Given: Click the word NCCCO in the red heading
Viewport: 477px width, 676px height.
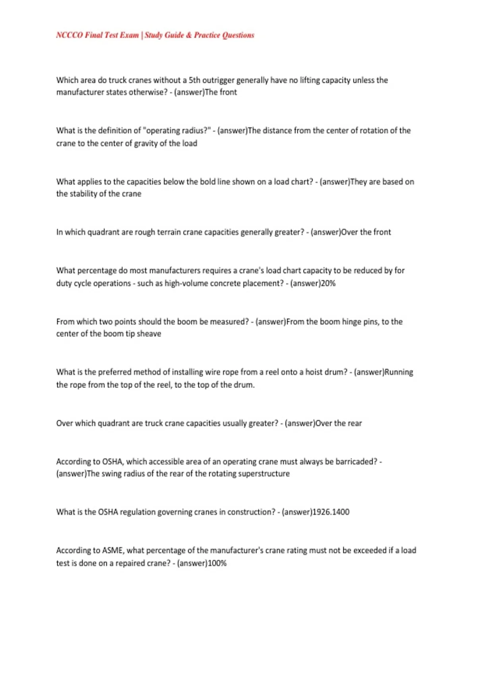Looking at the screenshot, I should pos(70,35).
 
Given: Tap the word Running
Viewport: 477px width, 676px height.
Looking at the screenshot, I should pos(399,372).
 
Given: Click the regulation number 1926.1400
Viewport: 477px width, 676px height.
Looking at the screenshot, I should pos(331,512).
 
